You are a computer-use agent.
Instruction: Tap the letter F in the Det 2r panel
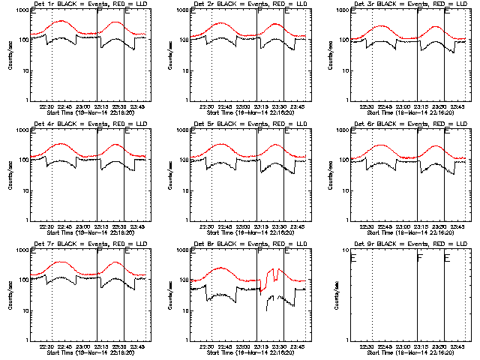259,19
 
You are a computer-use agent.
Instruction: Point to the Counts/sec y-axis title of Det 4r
10,176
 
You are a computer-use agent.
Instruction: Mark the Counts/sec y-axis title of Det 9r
331,296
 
